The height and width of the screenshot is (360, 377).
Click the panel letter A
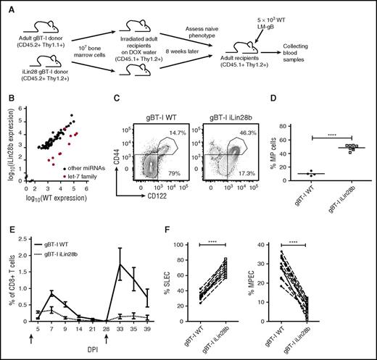[x=7, y=7]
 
